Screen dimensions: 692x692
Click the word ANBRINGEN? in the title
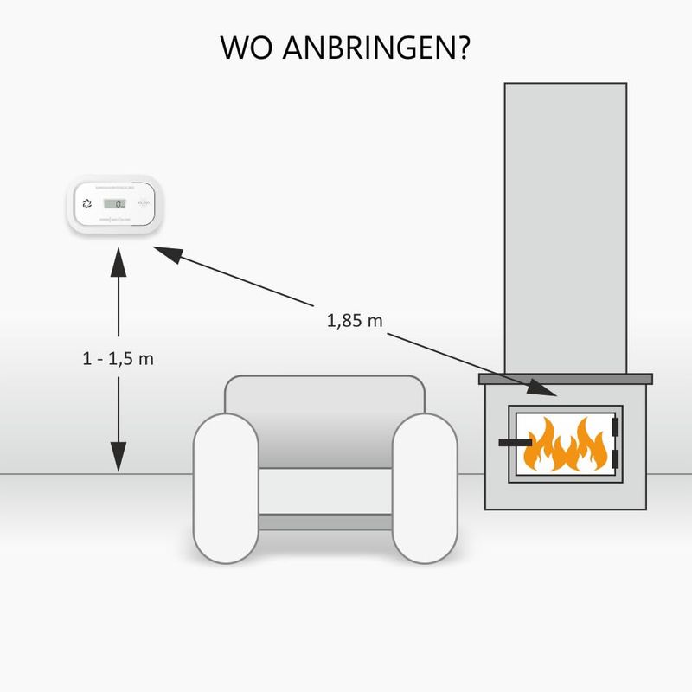click(383, 48)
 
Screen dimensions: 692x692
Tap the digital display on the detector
click(114, 204)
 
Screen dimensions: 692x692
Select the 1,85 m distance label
click(355, 320)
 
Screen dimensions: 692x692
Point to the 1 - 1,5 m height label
click(119, 358)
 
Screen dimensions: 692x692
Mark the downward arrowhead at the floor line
click(119, 456)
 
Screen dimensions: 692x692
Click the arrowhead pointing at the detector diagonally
click(169, 254)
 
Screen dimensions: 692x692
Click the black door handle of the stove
click(514, 443)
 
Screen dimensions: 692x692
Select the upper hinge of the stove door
click(616, 427)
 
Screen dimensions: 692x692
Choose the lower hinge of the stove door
click(616, 457)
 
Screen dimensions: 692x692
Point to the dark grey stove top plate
click(566, 379)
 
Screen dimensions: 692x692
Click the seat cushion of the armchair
click(324, 490)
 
